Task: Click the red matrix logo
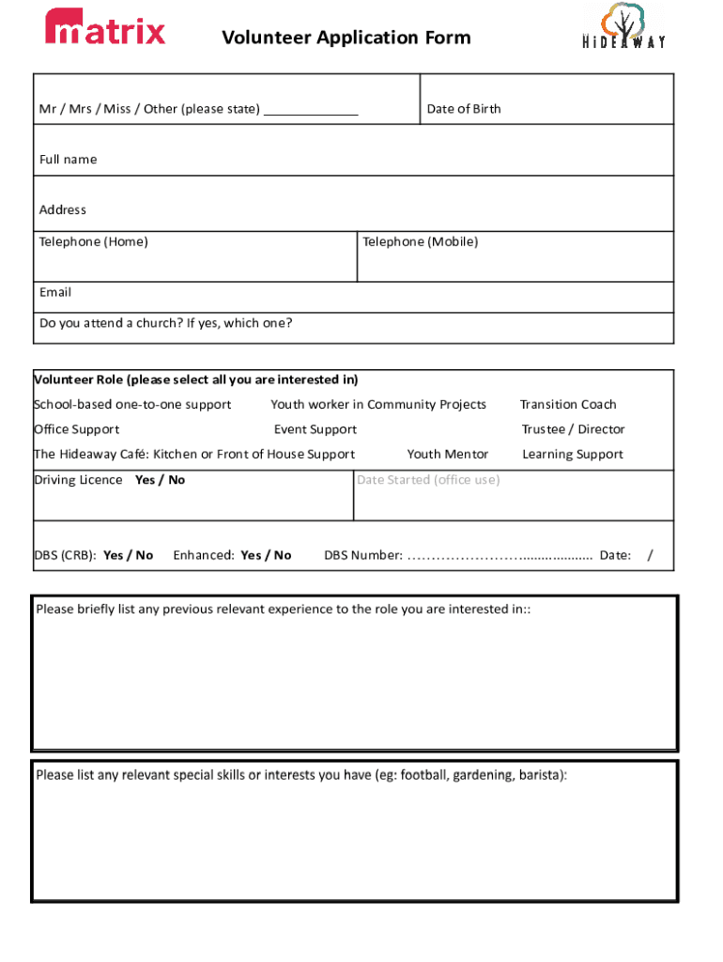click(105, 28)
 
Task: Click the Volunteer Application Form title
click(346, 38)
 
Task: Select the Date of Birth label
click(464, 109)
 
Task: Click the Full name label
click(68, 160)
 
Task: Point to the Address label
click(63, 209)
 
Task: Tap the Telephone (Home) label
click(93, 242)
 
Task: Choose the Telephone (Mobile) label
click(421, 242)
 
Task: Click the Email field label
click(55, 292)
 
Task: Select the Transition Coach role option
click(568, 405)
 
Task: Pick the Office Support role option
click(77, 429)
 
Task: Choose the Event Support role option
click(315, 429)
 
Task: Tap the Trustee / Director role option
click(573, 429)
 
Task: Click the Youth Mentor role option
click(448, 455)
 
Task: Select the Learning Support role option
click(573, 455)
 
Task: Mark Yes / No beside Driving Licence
click(161, 480)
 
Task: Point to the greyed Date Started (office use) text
click(428, 480)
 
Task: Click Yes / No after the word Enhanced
click(266, 555)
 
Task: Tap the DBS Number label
click(363, 555)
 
